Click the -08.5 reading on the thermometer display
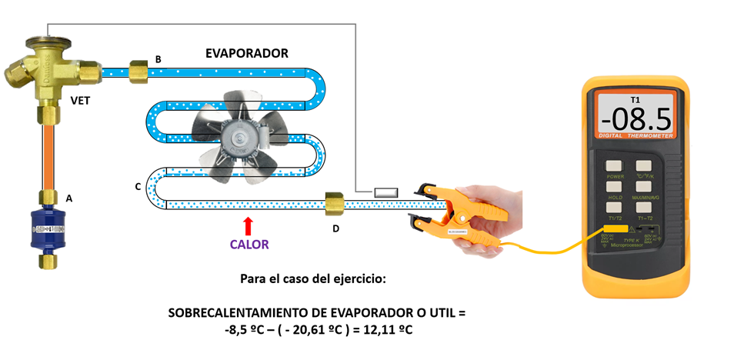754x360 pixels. tap(636, 119)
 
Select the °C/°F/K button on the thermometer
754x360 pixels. tap(643, 165)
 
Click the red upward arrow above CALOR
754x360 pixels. tap(248, 225)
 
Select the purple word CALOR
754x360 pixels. tap(249, 245)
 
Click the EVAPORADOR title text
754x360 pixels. tap(246, 54)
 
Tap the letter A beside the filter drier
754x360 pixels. tap(69, 198)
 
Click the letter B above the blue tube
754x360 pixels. tap(158, 59)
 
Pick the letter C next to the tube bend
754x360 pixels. tap(137, 187)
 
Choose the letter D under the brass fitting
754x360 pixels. tap(335, 228)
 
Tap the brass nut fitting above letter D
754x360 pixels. tap(334, 205)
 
